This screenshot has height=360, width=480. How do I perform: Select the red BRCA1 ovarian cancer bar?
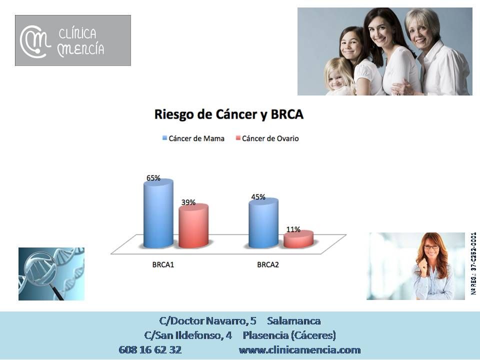(193, 226)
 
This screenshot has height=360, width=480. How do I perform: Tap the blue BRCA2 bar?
(263, 223)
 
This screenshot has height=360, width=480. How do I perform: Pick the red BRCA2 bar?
(298, 239)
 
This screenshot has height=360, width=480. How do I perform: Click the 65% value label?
(153, 178)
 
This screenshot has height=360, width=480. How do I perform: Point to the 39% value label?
(188, 202)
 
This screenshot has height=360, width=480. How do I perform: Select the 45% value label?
(258, 197)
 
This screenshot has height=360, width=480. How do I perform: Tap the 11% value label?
(293, 229)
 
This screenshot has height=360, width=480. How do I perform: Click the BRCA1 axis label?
(163, 264)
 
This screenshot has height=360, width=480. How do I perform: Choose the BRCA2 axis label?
(268, 264)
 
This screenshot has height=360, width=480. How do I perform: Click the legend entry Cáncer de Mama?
(193, 138)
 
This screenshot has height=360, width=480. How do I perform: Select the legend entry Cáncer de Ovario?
(267, 138)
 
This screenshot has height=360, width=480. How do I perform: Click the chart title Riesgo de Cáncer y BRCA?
(229, 114)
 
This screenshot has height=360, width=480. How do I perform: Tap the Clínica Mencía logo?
(73, 40)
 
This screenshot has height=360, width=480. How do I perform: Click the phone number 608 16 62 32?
(150, 349)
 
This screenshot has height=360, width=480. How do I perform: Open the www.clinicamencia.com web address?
(299, 349)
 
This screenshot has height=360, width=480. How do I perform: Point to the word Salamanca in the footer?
(294, 321)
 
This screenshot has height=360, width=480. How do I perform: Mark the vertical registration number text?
(473, 263)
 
